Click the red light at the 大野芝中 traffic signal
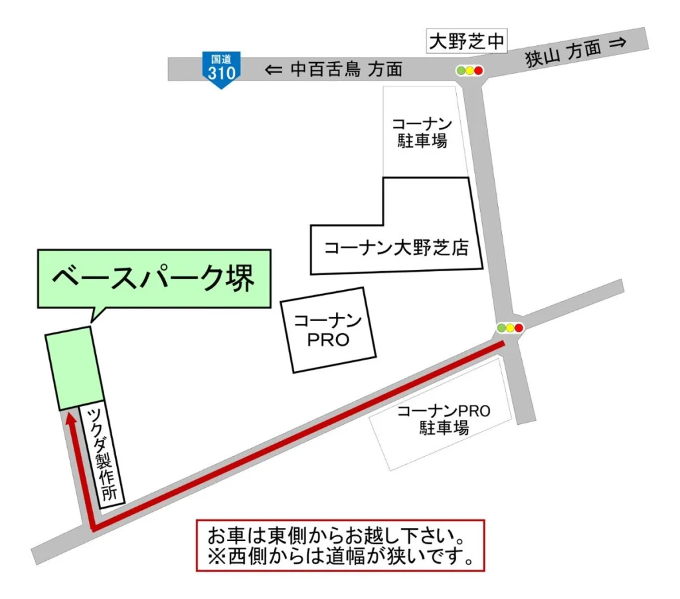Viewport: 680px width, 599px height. (x=478, y=70)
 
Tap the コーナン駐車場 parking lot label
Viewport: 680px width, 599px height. (x=422, y=132)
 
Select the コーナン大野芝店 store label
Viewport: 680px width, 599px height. (x=396, y=249)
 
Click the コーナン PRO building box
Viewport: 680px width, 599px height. (x=328, y=330)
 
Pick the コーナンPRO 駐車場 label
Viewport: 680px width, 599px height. (x=444, y=419)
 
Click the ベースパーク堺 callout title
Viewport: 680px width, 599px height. (x=153, y=278)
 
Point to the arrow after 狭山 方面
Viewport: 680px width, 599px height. (x=618, y=43)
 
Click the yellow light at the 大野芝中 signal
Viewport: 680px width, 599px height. (x=469, y=70)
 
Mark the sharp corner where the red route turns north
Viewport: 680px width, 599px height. (x=94, y=527)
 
